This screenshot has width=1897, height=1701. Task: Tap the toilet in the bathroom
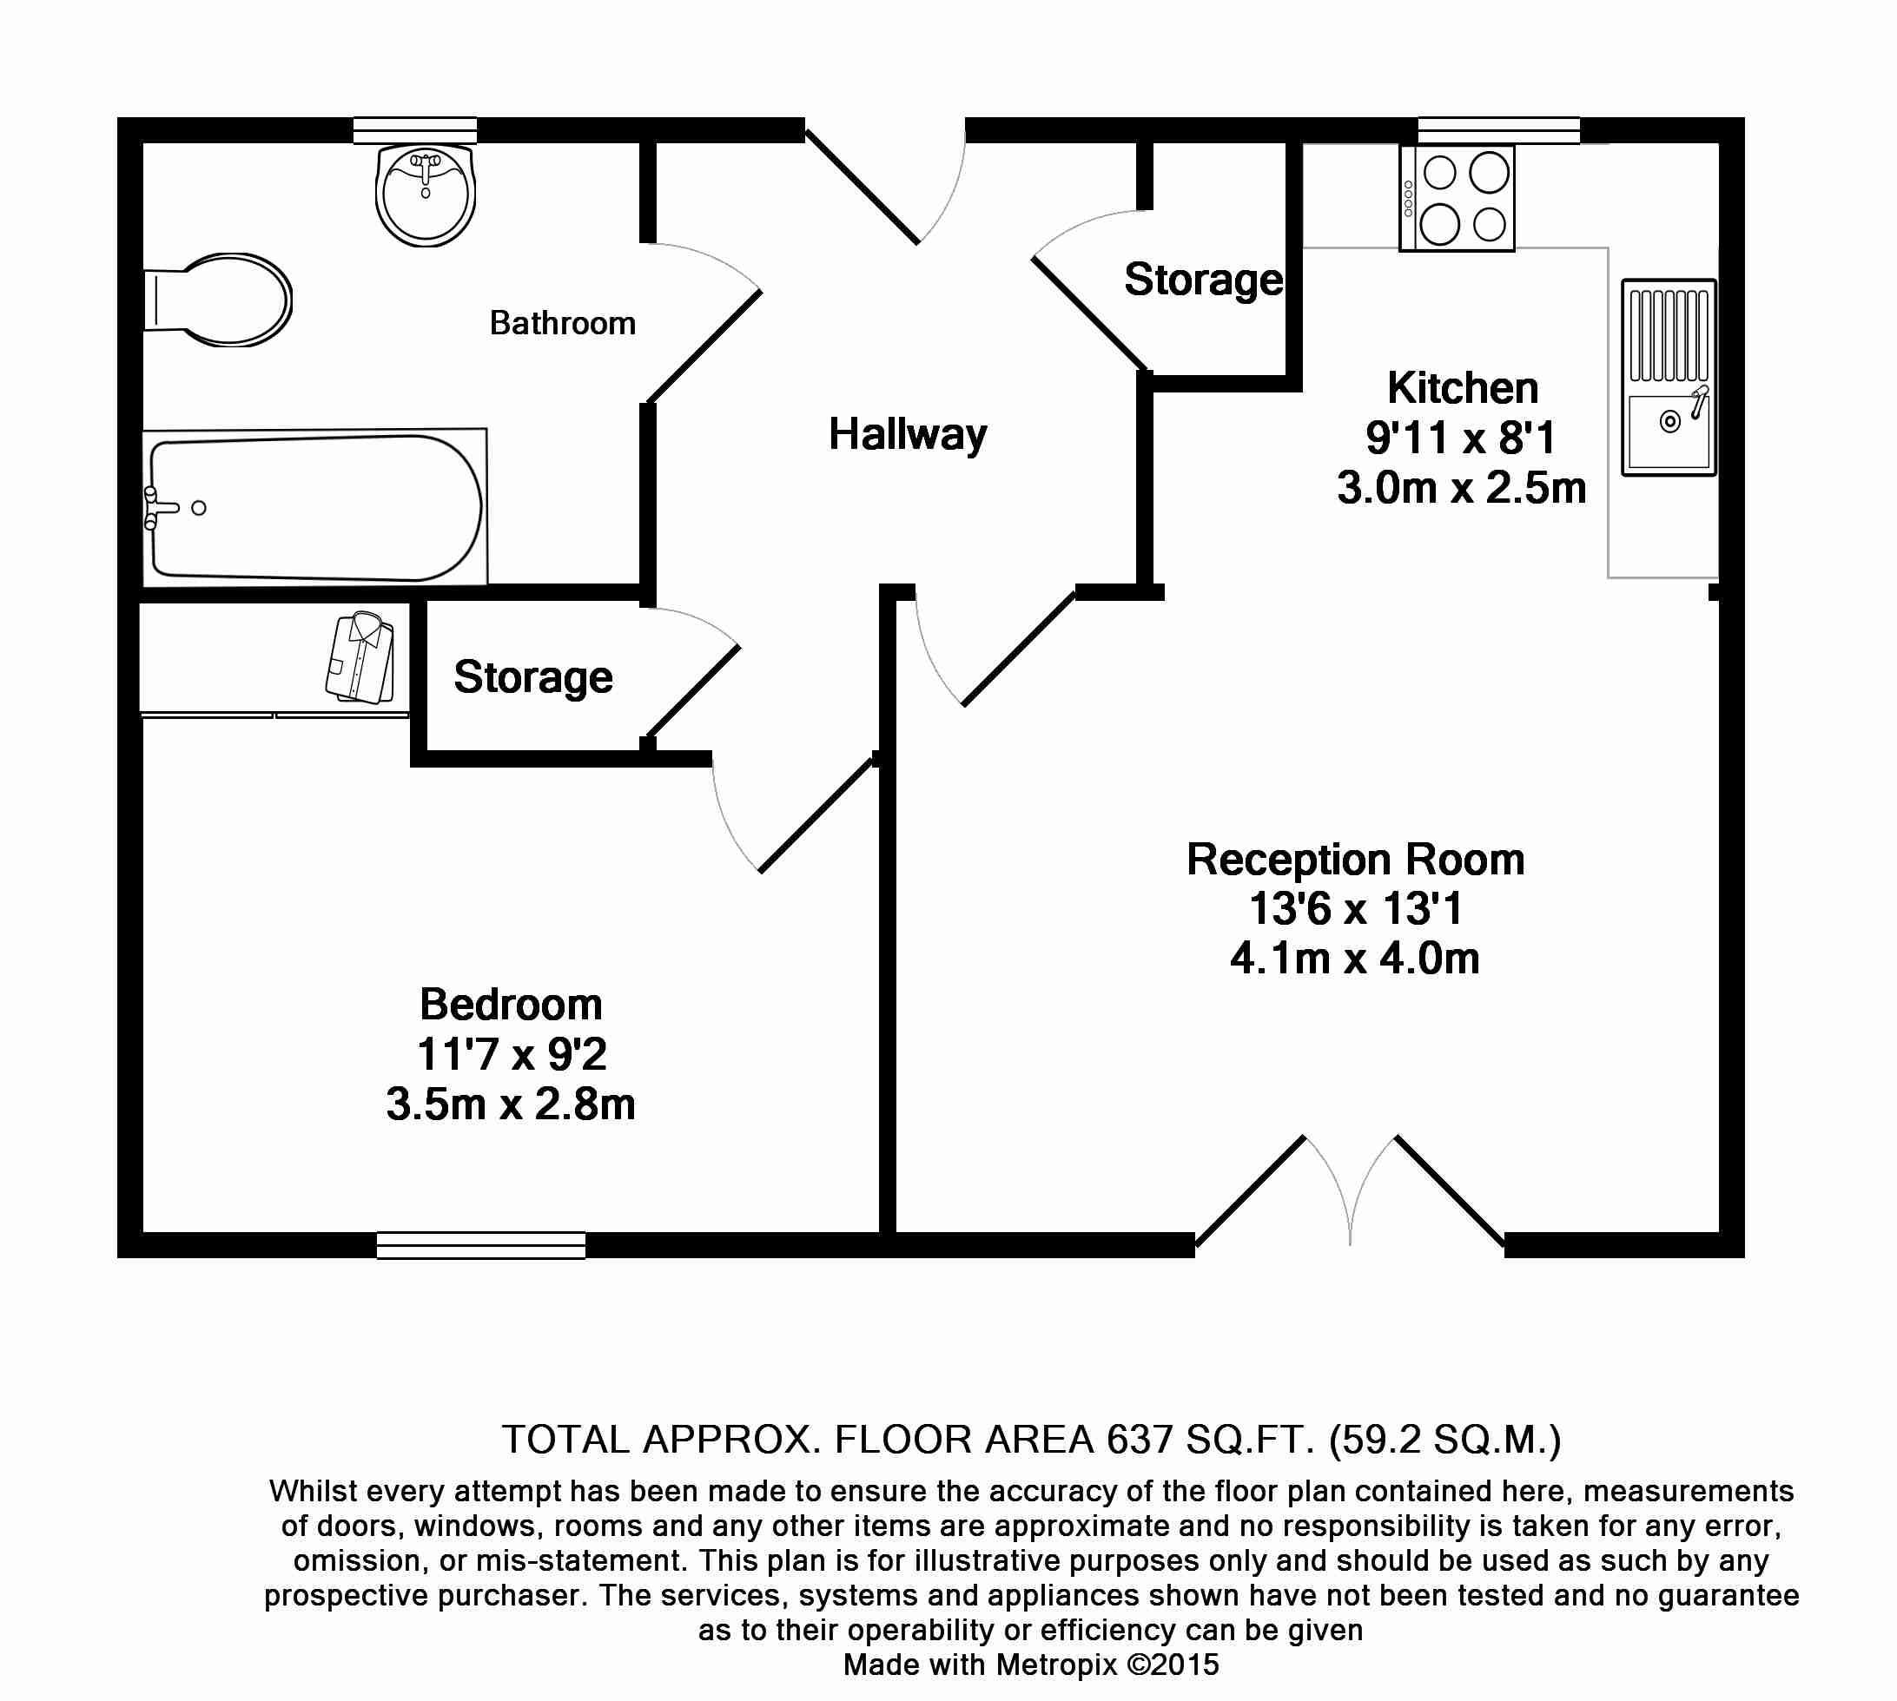coord(217,299)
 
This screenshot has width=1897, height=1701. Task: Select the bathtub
coord(315,505)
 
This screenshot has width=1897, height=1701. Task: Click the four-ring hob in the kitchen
coord(1457,198)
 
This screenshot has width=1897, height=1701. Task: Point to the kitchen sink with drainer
coord(1669,378)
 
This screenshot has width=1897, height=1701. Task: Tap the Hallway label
coord(908,436)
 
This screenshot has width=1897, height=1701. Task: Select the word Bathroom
coord(563,323)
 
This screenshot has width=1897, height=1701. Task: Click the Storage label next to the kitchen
coord(1203,280)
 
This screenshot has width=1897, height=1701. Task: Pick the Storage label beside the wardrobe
coord(533,677)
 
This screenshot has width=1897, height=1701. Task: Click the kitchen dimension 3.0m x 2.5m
coord(1461,488)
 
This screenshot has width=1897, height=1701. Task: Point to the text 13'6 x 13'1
coord(1356,908)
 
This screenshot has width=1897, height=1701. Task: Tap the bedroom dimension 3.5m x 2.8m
coord(511,1104)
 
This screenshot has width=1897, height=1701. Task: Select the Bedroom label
coord(511,1005)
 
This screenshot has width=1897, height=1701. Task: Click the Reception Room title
coord(1356,860)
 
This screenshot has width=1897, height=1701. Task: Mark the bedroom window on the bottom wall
coord(481,1245)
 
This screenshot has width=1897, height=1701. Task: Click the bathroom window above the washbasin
coord(415,130)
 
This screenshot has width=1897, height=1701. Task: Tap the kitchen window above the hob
coord(1498,130)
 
